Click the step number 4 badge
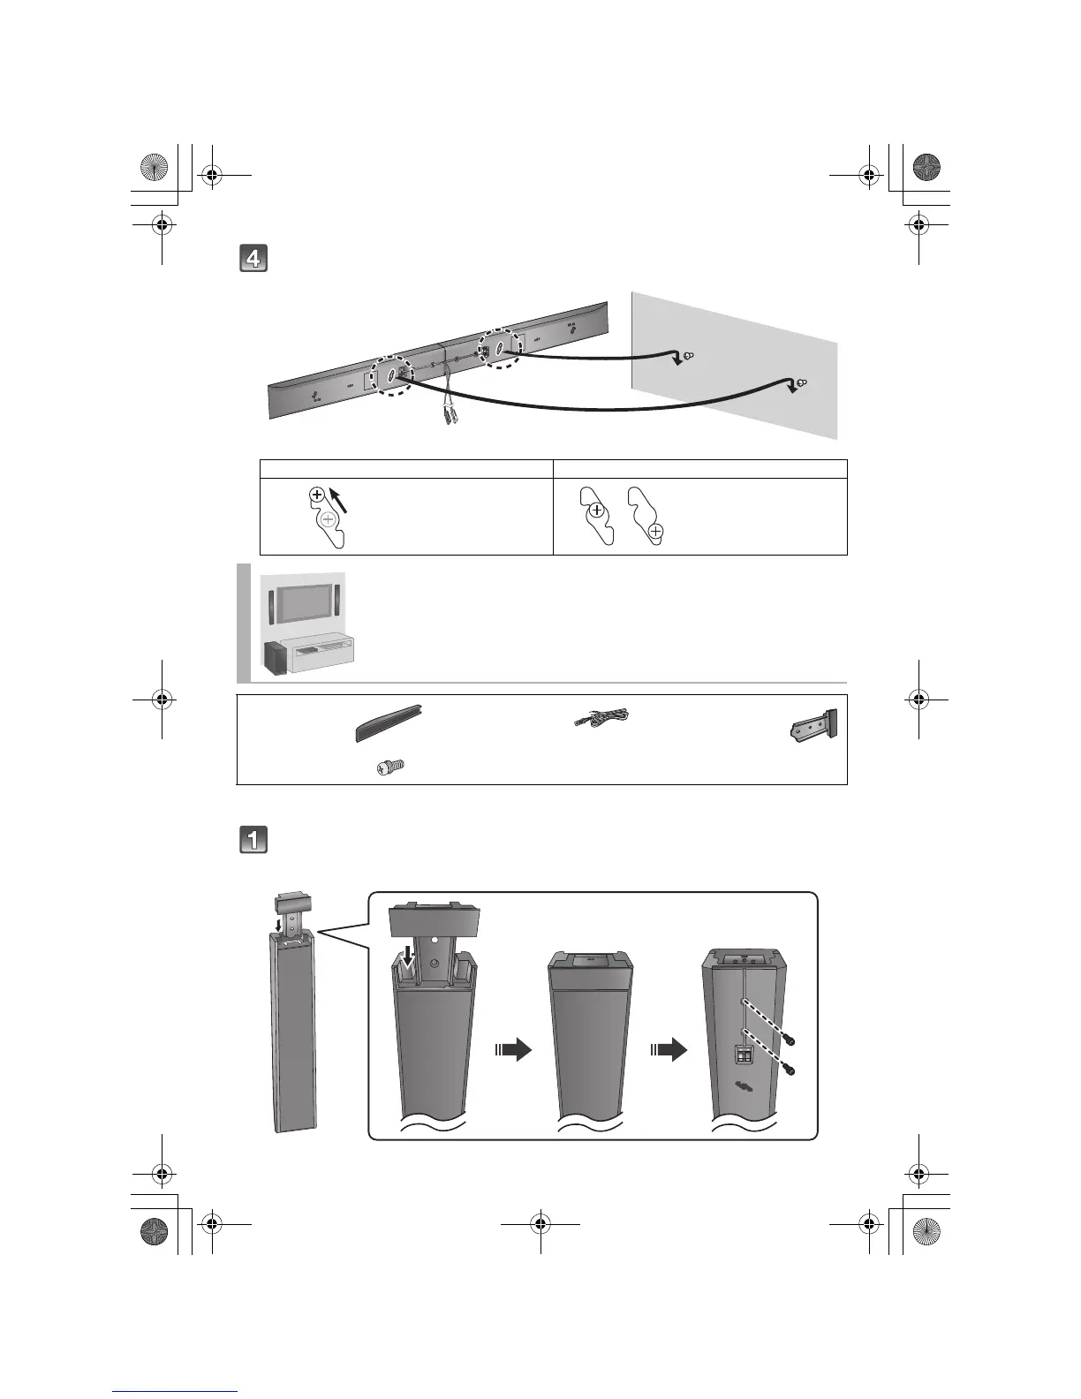[253, 260]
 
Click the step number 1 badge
[253, 839]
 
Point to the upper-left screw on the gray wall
[688, 356]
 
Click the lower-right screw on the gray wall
[802, 383]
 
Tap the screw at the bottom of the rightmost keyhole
[655, 532]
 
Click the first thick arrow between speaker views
[514, 1049]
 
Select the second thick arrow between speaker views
[669, 1049]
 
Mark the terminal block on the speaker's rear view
[743, 1055]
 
